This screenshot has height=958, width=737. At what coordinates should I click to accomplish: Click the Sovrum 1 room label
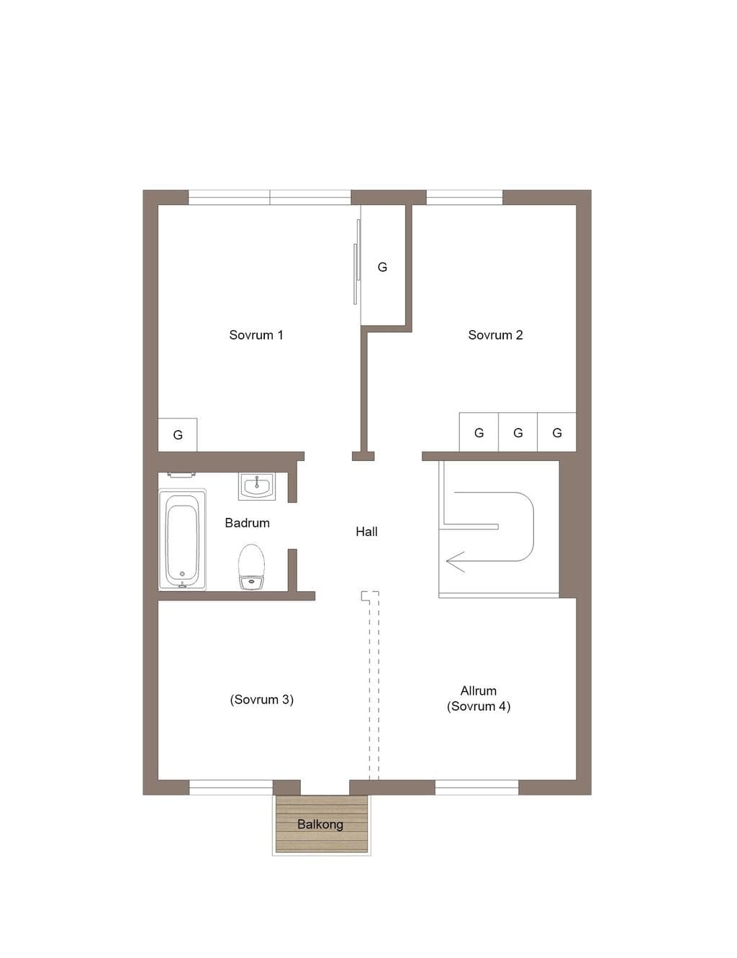pos(256,335)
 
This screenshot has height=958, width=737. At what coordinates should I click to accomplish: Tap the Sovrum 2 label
pos(495,335)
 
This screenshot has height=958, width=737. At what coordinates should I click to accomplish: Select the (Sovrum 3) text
pos(261,700)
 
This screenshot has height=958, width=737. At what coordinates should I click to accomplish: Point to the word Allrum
pos(479,690)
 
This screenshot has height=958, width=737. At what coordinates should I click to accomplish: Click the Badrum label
pos(247,523)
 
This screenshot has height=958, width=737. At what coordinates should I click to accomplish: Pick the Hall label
pos(366,532)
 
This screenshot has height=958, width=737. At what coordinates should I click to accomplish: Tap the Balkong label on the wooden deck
pos(320,824)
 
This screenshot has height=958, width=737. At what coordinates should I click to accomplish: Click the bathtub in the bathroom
pos(182,539)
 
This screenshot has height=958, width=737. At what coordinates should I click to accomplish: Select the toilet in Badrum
pos(251,567)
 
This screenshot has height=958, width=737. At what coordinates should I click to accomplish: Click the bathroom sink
pos(257,486)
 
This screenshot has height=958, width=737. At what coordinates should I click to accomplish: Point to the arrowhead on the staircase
pos(455,562)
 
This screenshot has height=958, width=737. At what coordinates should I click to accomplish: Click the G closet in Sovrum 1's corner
pos(178,434)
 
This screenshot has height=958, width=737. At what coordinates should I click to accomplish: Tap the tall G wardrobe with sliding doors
pos(383,266)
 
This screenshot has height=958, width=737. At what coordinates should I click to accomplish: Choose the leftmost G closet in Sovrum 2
pos(479,432)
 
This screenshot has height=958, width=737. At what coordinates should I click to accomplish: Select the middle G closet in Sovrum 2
pos(517,432)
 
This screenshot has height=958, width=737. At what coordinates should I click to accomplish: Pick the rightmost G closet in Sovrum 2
pos(556,432)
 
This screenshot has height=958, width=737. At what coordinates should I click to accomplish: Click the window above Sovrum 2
pos(464,198)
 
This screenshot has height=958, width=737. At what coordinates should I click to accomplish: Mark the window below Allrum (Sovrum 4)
pos(476,787)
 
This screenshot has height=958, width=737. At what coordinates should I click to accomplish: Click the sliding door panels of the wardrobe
pos(356,262)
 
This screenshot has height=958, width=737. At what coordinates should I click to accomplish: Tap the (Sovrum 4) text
pos(479,706)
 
